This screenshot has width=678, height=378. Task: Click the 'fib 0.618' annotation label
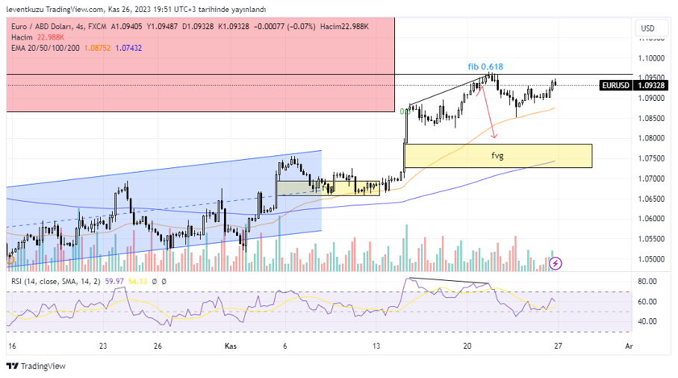[485, 66]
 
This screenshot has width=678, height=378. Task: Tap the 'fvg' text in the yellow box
[497, 155]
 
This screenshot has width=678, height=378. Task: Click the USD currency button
[647, 28]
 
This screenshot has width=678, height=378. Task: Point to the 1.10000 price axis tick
[652, 58]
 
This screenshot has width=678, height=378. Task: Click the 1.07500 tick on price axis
[652, 158]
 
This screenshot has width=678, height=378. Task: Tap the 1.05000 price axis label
[652, 259]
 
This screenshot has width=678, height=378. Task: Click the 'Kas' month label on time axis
[231, 346]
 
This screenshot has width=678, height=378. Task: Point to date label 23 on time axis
[103, 346]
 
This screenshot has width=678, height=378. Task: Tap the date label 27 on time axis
[558, 346]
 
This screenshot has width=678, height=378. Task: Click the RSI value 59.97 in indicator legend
[115, 280]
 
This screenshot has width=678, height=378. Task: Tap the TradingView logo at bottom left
[36, 366]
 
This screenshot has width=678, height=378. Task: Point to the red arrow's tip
[494, 137]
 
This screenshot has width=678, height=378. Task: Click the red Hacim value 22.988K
[49, 37]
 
